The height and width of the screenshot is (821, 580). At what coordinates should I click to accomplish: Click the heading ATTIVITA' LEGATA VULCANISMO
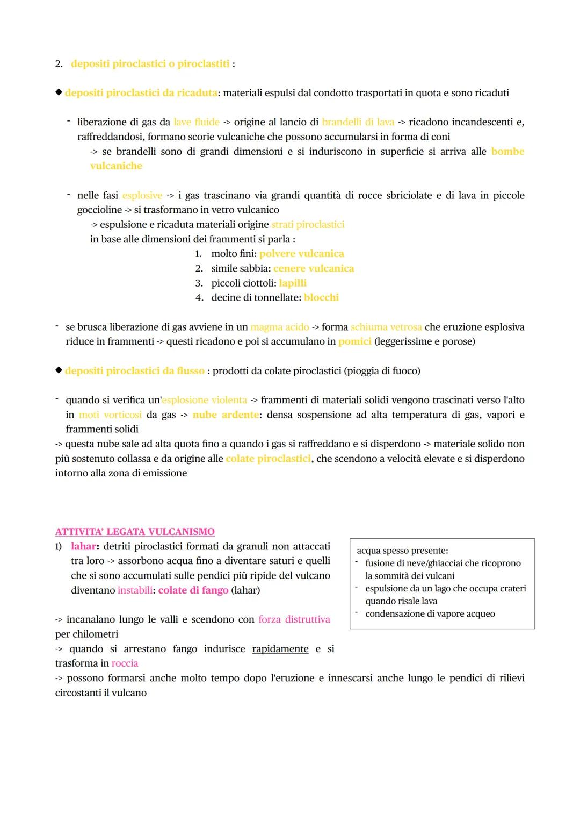135,532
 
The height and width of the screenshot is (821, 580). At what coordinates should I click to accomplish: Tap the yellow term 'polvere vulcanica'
301,254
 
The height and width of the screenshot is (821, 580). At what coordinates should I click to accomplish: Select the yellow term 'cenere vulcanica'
314,268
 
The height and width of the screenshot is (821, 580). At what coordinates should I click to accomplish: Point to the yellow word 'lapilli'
293,283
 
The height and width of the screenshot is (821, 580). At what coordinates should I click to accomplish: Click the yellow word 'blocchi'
321,297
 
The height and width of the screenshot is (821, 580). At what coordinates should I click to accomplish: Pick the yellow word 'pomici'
354,341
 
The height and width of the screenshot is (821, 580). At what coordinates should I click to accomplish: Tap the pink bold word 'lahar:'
85,546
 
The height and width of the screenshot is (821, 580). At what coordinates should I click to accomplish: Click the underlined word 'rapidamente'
280,649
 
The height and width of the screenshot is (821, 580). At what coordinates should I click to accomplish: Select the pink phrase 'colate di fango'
193,590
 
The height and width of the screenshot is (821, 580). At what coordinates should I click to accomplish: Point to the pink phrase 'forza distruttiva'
294,619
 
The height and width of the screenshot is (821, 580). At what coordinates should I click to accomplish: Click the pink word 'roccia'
125,663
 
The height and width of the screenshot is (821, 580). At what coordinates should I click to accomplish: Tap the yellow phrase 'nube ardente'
226,415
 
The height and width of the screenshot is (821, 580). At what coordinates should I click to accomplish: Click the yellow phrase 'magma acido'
279,327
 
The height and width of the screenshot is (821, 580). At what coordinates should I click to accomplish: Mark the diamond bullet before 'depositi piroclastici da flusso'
59,370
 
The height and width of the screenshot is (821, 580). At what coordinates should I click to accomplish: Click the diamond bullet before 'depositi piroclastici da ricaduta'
59,92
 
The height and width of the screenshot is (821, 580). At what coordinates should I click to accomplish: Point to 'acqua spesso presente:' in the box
402,551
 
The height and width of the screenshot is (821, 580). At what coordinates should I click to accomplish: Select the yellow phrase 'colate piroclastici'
268,459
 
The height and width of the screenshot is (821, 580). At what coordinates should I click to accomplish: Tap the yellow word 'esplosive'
142,195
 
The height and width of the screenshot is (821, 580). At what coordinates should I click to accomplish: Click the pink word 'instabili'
134,590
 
